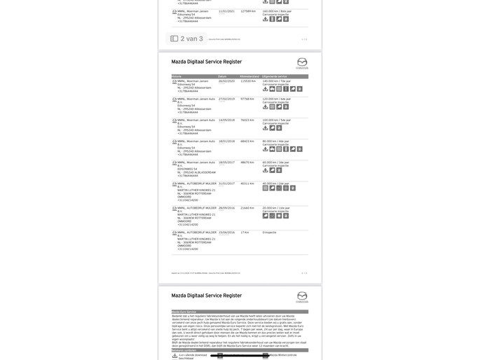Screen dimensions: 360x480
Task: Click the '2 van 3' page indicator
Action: coord(191,39)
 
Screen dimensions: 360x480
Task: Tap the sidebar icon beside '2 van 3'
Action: coord(174,39)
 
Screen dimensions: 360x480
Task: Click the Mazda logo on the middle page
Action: coord(302,62)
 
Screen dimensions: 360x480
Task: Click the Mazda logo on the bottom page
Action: coord(302,296)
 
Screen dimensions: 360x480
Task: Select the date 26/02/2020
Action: coord(226,81)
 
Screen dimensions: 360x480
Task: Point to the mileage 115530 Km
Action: coord(247,81)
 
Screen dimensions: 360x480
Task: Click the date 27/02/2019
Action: coord(226,99)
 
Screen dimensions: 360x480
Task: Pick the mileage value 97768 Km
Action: coord(247,99)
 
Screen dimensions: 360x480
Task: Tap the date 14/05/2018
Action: coord(226,120)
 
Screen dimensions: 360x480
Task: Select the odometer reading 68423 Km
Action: coord(247,141)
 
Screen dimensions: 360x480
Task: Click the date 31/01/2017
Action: coord(226,184)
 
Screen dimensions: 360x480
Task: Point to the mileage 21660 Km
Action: coord(247,208)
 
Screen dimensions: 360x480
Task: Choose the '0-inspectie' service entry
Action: coord(270,233)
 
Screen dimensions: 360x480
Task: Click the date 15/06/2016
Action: coord(226,233)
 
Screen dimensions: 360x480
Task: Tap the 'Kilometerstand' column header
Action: coord(249,76)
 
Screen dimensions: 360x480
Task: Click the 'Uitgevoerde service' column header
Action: coord(275,76)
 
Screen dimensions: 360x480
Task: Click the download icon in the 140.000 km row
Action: coord(266,89)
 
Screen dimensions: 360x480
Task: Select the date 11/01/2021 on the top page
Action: coord(226,11)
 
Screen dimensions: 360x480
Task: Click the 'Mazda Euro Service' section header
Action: coord(184,312)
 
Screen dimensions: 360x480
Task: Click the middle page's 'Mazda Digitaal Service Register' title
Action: coord(207,62)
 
